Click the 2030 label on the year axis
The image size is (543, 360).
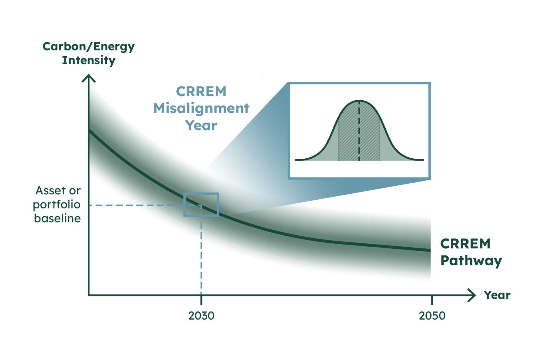pyautogui.click(x=201, y=315)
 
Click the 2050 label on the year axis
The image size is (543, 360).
pyautogui.click(x=432, y=315)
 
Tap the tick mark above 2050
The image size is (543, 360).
pyautogui.click(x=432, y=300)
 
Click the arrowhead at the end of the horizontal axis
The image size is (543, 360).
pyautogui.click(x=472, y=295)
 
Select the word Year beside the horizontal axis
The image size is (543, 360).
pyautogui.click(x=497, y=295)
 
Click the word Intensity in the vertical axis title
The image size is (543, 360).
pyautogui.click(x=88, y=60)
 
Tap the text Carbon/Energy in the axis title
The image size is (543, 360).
pyautogui.click(x=88, y=47)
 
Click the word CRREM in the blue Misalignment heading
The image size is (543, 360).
pyautogui.click(x=201, y=92)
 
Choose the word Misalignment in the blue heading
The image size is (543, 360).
pyautogui.click(x=201, y=108)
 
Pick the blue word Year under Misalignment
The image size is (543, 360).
pyautogui.click(x=201, y=125)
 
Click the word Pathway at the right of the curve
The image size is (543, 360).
pyautogui.click(x=471, y=261)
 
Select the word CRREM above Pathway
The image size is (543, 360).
pyautogui.click(x=465, y=244)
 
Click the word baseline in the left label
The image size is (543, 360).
pyautogui.click(x=57, y=218)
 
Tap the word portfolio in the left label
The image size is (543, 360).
pyautogui.click(x=57, y=205)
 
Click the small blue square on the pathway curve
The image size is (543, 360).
pyautogui.click(x=201, y=205)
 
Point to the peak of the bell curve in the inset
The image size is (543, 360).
pyautogui.click(x=359, y=101)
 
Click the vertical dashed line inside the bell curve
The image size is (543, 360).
pyautogui.click(x=359, y=134)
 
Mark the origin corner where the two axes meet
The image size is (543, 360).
pyautogui.click(x=89, y=295)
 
